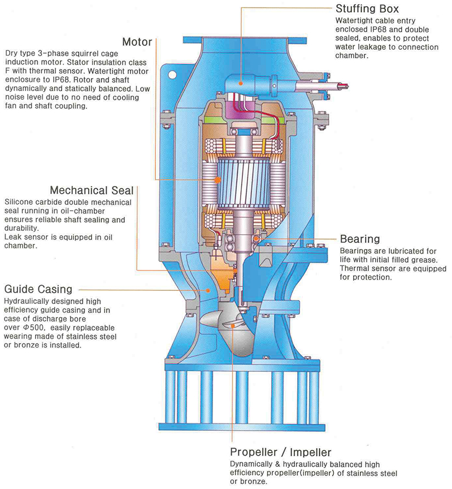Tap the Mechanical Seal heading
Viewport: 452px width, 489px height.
click(92, 190)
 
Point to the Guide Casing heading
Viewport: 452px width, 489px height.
click(38, 289)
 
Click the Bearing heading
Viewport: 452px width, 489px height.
click(360, 239)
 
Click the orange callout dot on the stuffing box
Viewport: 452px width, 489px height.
click(241, 83)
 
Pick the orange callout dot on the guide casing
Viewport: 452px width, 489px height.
click(208, 290)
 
